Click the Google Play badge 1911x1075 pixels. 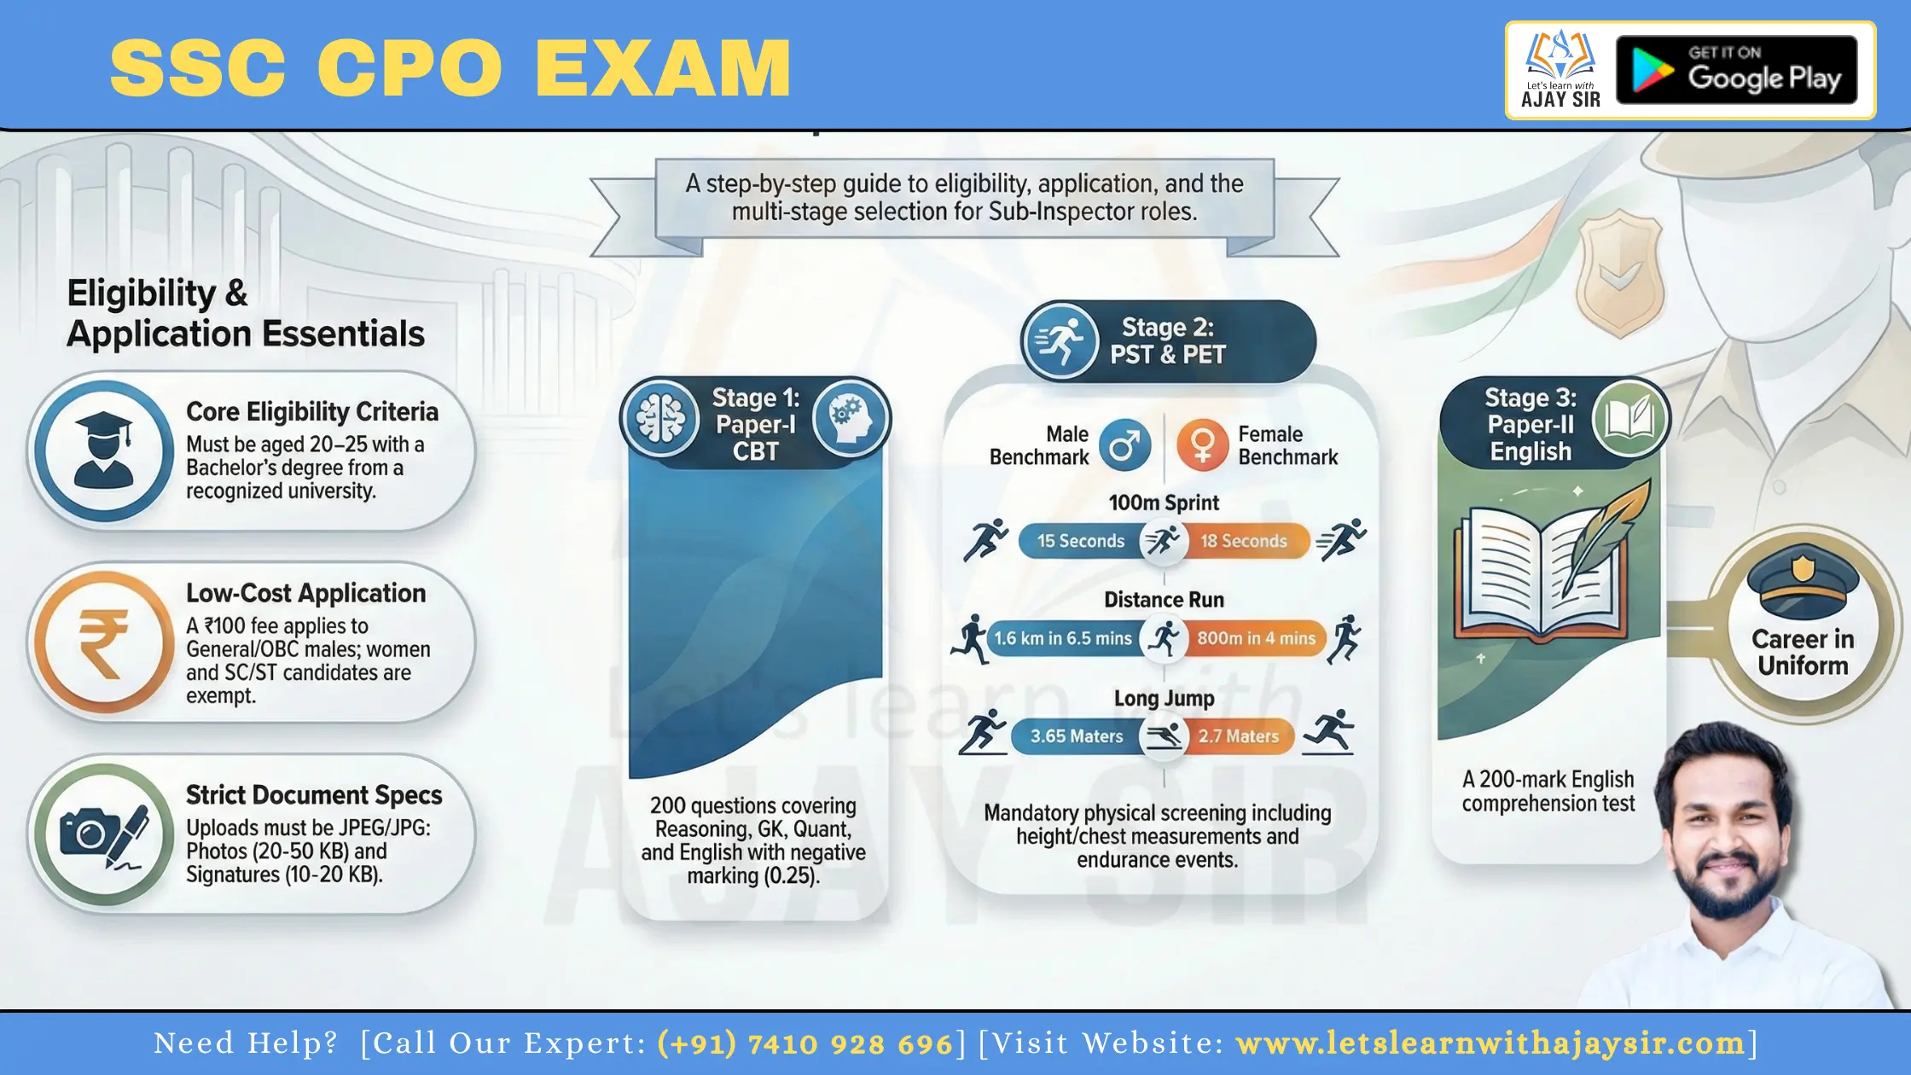[1736, 70]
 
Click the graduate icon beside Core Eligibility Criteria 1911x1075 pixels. [104, 450]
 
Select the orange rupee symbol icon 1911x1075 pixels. [104, 642]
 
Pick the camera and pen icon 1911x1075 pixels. [104, 834]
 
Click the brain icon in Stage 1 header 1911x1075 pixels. [661, 419]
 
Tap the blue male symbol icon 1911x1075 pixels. [1124, 445]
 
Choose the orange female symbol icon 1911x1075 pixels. [1203, 445]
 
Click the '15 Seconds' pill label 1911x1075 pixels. [1081, 541]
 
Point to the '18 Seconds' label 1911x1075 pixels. [1244, 541]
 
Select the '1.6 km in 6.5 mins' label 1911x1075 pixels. [1063, 638]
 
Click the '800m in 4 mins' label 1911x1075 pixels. [1257, 638]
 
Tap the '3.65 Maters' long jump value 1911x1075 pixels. [1077, 736]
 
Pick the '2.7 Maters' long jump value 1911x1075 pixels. [1239, 736]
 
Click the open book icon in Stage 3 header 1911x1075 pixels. [1629, 419]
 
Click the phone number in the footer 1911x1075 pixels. [804, 1043]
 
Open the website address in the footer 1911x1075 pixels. [1490, 1043]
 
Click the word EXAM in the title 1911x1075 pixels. [664, 68]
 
